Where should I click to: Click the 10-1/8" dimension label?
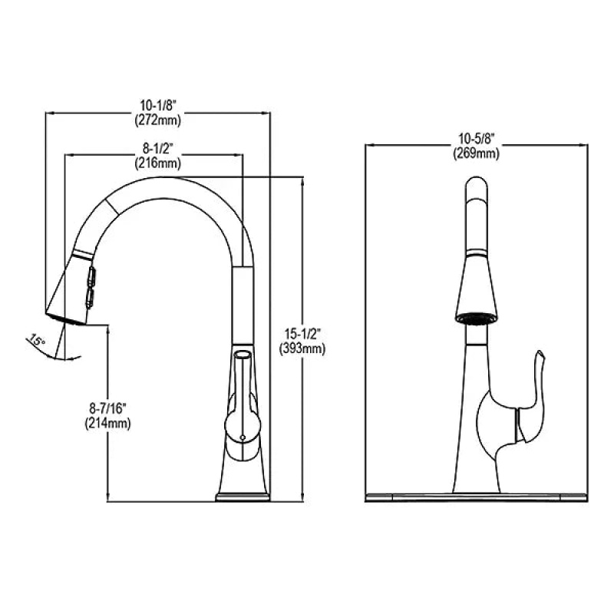159,105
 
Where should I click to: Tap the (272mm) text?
158,120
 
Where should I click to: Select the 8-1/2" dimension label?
158,148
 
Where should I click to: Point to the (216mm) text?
158,163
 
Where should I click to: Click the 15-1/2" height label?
302,334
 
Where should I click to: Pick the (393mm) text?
302,348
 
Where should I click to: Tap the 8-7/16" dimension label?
107,409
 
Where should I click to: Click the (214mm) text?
107,423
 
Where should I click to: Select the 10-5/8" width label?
477,138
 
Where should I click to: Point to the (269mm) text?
477,153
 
